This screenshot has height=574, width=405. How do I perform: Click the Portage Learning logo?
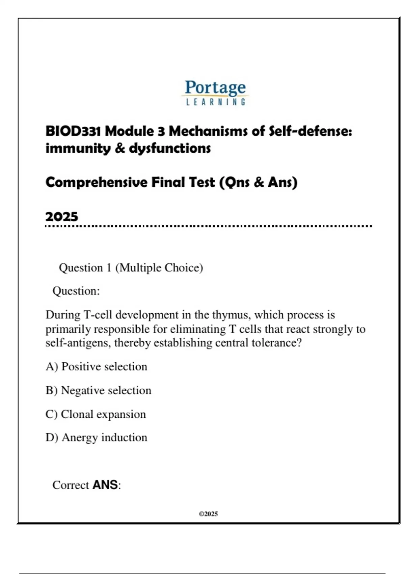(215, 92)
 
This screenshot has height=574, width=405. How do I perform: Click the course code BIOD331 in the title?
(73, 131)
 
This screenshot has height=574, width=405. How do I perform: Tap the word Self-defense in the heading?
(310, 131)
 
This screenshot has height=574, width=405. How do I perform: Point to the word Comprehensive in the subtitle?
(96, 182)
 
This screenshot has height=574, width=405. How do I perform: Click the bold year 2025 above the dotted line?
(62, 216)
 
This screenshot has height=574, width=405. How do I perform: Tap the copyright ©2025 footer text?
(208, 514)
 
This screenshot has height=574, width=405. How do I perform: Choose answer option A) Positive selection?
(97, 366)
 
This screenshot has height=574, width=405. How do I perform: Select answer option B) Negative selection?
(99, 390)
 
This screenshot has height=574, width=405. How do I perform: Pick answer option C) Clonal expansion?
(96, 414)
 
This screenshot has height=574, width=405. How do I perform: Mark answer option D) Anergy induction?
(97, 437)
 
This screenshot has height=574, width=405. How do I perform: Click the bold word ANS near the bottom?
(105, 485)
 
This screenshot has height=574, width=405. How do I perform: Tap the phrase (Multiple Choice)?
(159, 268)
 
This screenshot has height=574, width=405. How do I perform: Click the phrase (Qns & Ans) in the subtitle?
(259, 182)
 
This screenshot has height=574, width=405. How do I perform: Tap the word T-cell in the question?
(98, 315)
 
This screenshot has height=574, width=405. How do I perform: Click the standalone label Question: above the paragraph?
(76, 291)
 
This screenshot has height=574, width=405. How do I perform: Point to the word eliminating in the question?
(198, 329)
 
